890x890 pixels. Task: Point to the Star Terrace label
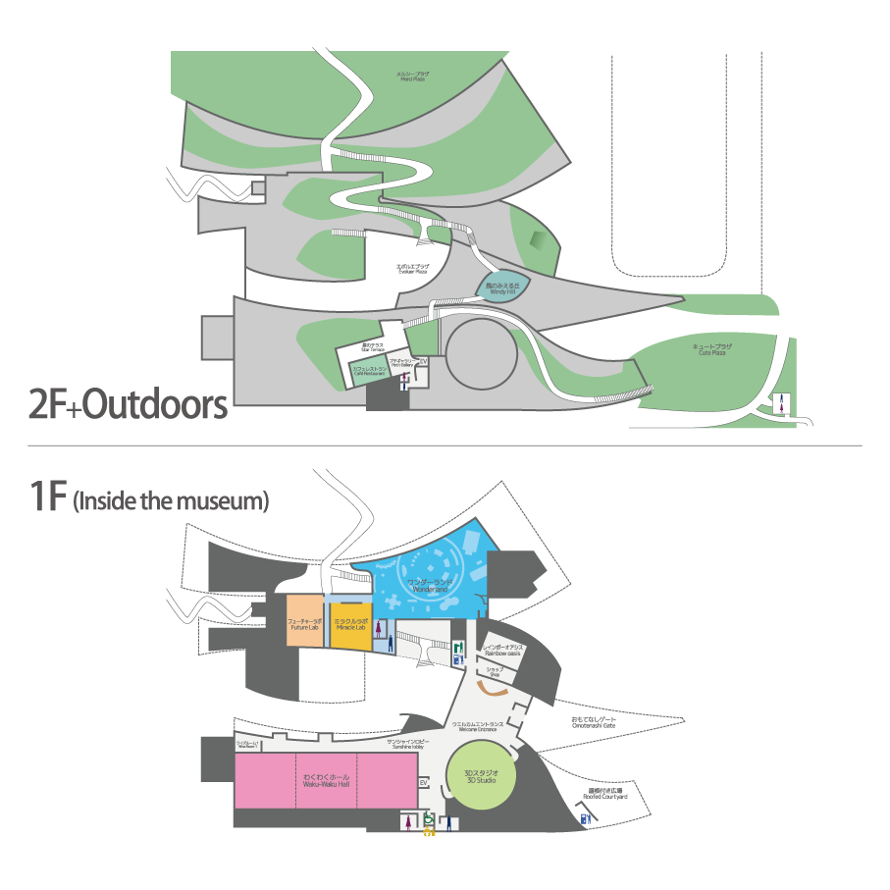click(372, 347)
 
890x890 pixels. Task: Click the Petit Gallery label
click(400, 363)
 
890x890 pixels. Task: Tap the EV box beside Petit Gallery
click(423, 362)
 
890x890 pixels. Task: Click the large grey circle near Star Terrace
click(481, 353)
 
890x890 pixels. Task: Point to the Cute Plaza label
click(712, 349)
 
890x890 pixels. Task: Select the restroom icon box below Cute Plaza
click(782, 401)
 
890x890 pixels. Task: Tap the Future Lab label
click(305, 624)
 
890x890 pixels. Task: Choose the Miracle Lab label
click(350, 624)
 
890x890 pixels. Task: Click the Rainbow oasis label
click(503, 651)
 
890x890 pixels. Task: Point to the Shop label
click(495, 672)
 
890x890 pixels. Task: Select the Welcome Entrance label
click(477, 727)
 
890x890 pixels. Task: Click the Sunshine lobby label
click(404, 745)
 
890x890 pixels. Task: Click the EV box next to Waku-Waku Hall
click(424, 782)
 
